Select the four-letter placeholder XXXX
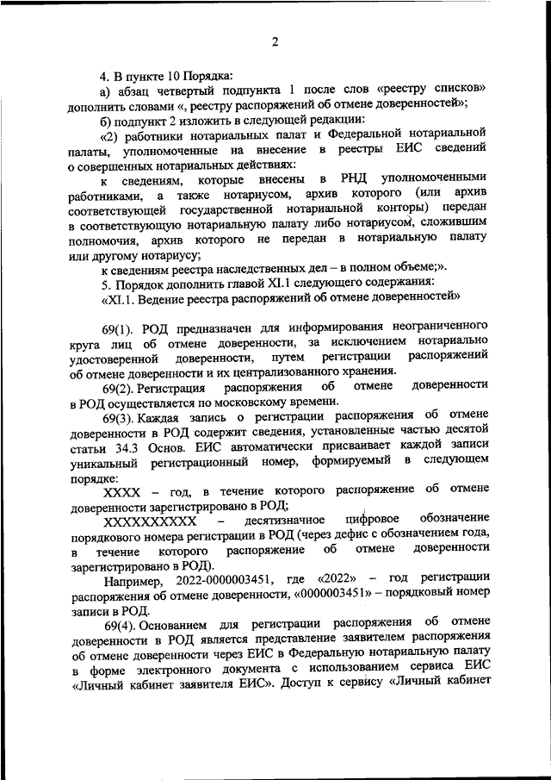pos(122,491)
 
